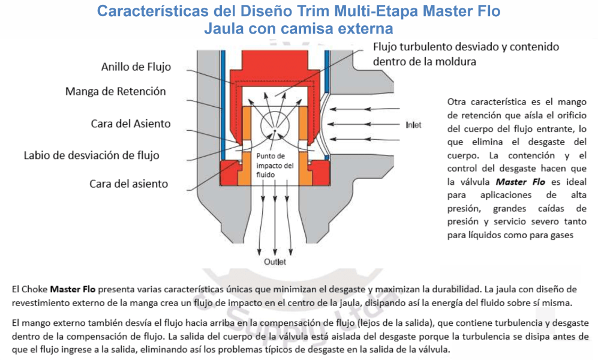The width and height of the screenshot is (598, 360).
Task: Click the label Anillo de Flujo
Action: point(136,67)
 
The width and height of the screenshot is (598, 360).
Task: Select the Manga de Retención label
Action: point(116,92)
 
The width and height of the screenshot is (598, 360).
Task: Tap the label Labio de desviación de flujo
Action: point(92,155)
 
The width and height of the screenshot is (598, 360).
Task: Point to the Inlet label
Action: point(413,125)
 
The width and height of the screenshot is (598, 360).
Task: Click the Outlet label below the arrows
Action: point(275,262)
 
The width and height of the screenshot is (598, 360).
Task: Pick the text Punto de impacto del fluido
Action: point(275,165)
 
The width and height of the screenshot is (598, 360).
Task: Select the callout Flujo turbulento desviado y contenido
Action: point(465,47)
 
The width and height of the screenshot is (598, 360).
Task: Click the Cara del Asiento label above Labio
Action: point(130,124)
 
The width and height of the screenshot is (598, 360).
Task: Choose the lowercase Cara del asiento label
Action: point(128,184)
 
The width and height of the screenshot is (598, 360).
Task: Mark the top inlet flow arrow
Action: point(365,109)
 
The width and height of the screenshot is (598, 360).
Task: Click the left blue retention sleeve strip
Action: point(223,105)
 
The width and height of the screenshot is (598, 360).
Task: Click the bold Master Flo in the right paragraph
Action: point(520,182)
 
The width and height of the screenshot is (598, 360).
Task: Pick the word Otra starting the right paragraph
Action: point(456,102)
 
